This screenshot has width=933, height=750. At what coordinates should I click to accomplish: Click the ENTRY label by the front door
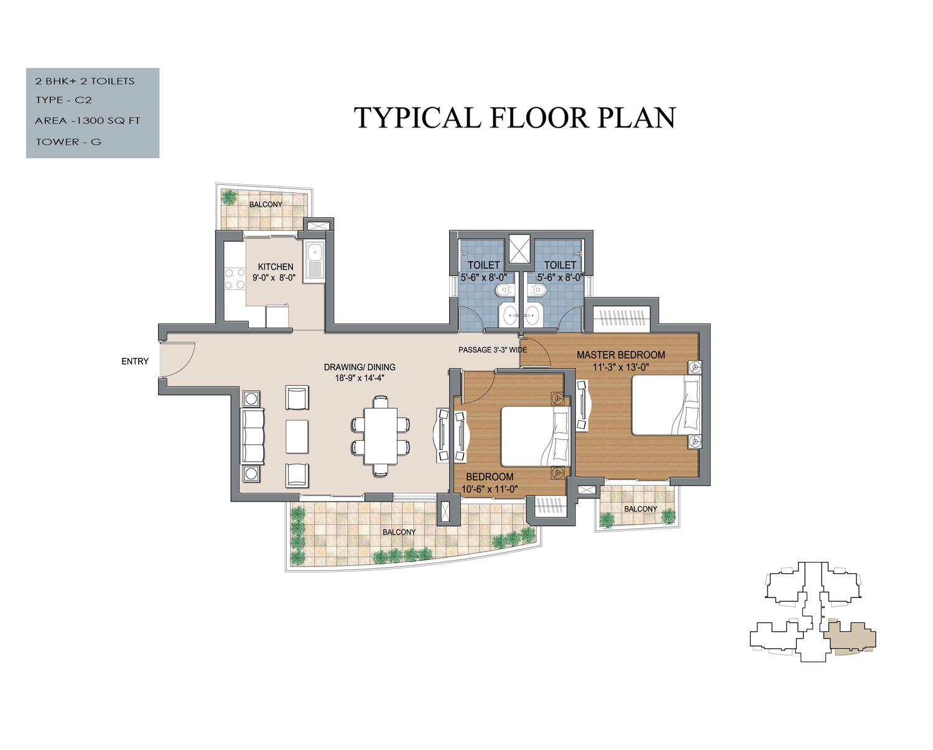(135, 362)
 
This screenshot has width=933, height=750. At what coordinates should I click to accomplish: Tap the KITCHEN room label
(276, 267)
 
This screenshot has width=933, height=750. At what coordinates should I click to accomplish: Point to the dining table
(381, 436)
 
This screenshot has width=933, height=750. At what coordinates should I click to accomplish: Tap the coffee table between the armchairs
(297, 436)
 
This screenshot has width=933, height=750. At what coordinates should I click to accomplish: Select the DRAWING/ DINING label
(360, 367)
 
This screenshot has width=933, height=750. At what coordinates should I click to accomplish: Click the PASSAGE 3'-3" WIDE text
(493, 350)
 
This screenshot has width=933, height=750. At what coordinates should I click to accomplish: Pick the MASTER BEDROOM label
(621, 355)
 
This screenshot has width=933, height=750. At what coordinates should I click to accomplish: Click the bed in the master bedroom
(666, 405)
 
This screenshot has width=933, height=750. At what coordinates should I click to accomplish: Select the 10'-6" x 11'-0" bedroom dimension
(490, 489)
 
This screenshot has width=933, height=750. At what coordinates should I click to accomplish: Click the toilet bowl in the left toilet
(504, 290)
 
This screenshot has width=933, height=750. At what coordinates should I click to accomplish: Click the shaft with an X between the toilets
(519, 249)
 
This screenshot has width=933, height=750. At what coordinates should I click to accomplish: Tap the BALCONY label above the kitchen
(266, 204)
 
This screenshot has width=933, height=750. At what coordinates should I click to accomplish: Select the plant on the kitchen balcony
(229, 198)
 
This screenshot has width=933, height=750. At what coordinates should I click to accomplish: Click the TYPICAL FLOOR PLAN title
(514, 118)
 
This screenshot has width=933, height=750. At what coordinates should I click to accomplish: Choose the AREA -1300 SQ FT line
(88, 121)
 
